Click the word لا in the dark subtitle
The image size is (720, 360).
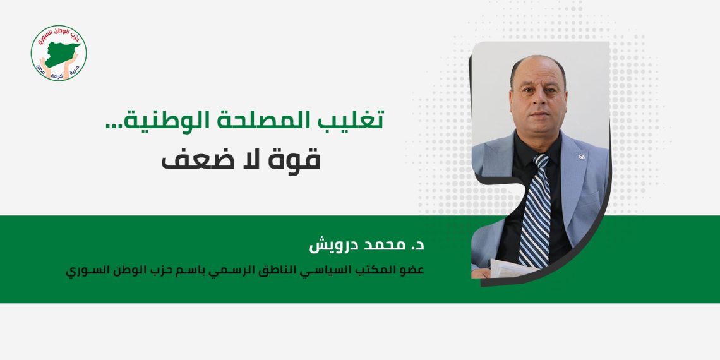(x=250, y=158)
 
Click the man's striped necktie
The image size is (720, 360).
(x=536, y=215)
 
